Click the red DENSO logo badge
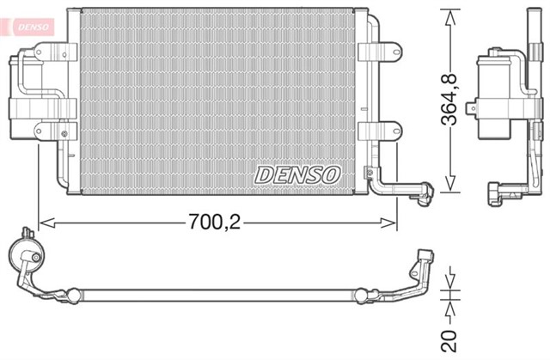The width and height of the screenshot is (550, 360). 27,25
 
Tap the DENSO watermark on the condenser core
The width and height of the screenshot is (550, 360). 298,174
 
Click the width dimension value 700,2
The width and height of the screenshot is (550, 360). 216,223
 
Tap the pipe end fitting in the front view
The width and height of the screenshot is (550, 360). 421,193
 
